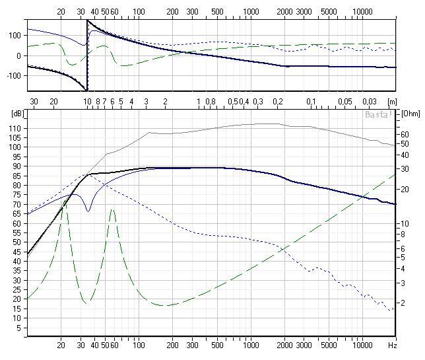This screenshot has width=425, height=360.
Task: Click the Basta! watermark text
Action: (x=379, y=114)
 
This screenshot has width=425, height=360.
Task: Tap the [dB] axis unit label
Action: (x=16, y=113)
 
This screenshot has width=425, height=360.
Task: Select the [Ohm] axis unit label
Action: (x=410, y=113)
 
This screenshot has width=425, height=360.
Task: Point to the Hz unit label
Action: (x=392, y=345)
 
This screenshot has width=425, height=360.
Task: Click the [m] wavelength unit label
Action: (x=393, y=101)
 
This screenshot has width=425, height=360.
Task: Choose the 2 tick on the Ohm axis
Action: (x=402, y=301)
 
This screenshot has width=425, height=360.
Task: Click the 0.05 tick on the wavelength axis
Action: (x=344, y=101)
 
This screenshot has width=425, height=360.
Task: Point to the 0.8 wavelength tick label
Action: (x=211, y=101)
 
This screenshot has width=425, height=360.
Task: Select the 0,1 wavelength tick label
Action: (x=311, y=101)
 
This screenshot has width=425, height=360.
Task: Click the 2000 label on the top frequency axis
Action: (x=284, y=11)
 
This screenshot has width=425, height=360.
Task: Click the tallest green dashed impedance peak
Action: (x=63, y=199)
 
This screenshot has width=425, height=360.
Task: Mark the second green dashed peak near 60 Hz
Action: (x=113, y=209)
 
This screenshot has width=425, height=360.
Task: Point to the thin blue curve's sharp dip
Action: (x=88, y=211)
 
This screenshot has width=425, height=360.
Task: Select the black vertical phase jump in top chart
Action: (x=87, y=55)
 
